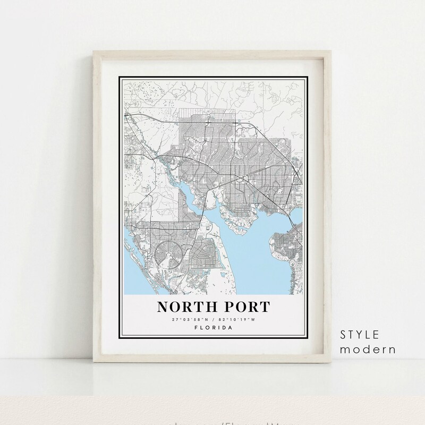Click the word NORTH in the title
(184, 308)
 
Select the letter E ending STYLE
(376, 335)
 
